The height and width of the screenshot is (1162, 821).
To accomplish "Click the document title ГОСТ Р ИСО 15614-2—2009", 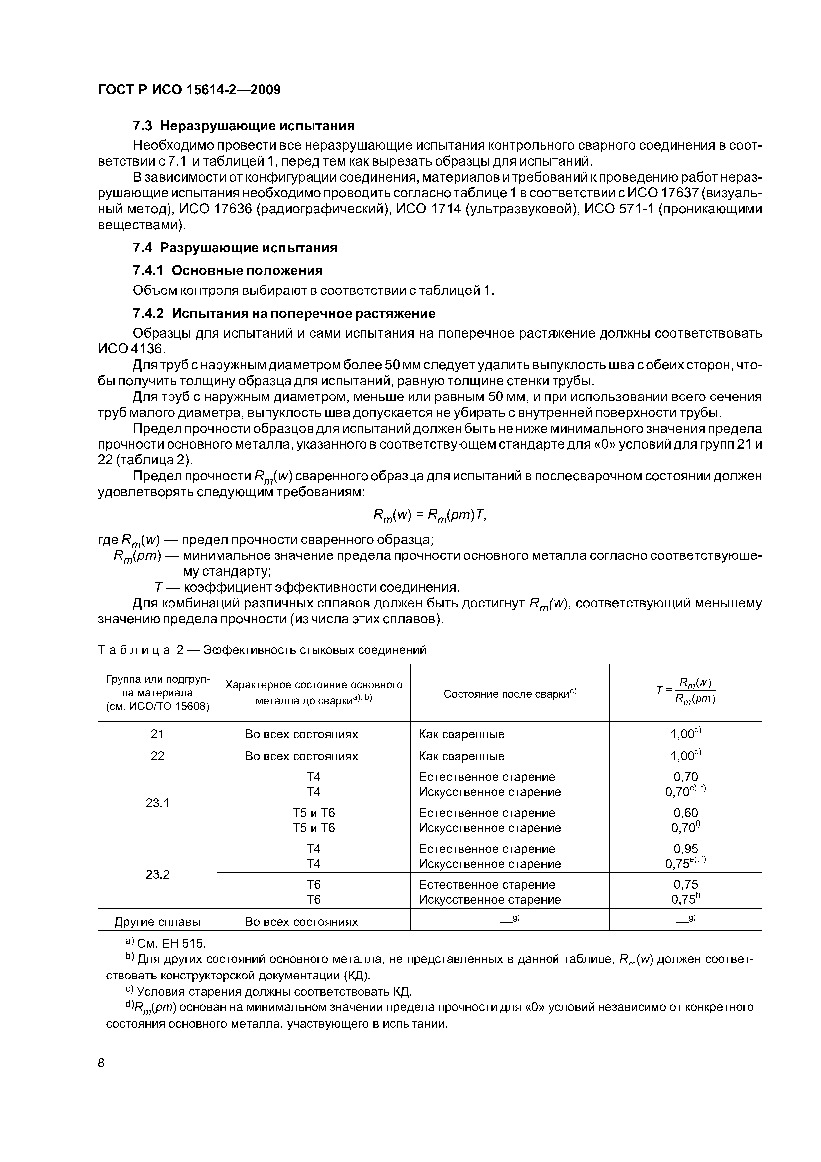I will click(189, 90).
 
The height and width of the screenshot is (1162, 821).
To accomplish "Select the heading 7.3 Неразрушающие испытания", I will click(243, 126).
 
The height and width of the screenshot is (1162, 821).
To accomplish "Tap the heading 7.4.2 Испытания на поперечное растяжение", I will click(284, 313).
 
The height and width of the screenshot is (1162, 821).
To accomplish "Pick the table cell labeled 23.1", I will click(157, 803).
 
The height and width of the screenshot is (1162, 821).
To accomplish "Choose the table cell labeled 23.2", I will click(157, 874).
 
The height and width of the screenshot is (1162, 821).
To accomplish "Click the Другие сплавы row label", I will click(157, 922).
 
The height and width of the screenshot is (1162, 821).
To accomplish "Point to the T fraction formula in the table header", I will click(686, 691).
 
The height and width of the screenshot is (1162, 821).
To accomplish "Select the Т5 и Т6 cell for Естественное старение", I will click(314, 813).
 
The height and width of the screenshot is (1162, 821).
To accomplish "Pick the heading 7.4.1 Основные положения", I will click(228, 270).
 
